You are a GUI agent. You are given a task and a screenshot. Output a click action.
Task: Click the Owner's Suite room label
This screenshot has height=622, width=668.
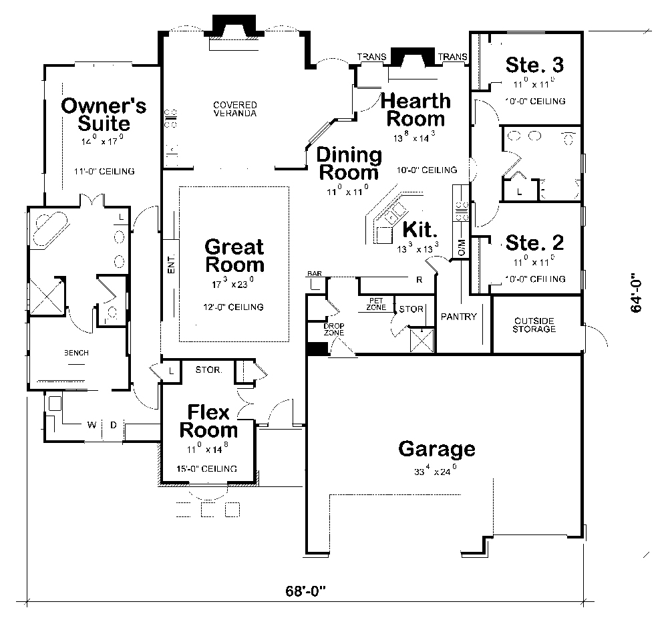(103, 114)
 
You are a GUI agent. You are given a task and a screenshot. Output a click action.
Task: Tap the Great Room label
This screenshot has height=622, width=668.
(234, 255)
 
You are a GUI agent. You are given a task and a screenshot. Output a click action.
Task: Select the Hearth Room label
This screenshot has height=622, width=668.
(415, 110)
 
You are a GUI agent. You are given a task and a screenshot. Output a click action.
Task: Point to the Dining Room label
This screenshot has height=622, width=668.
(349, 164)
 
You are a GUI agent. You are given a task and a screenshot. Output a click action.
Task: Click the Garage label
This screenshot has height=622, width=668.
(437, 449)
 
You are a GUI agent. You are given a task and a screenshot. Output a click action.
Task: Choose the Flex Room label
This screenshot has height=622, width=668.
(208, 421)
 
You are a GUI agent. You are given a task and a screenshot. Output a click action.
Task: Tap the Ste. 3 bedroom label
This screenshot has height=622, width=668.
(534, 65)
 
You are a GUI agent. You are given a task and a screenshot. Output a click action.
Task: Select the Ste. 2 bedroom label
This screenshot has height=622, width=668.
(534, 242)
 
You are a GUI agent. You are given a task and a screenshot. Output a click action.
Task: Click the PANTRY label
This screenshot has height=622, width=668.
(460, 317)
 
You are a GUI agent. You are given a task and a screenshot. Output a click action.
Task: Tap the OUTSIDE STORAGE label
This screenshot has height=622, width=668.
(534, 325)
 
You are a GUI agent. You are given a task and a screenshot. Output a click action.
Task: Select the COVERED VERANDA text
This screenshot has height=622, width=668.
(234, 109)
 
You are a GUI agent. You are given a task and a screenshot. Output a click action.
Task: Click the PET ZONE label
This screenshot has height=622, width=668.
(375, 305)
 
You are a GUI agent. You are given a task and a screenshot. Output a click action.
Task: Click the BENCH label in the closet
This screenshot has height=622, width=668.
(76, 353)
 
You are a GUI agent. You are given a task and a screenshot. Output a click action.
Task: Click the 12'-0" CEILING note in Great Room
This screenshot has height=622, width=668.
(234, 307)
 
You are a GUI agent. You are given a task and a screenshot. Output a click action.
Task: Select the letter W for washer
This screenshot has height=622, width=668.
(91, 424)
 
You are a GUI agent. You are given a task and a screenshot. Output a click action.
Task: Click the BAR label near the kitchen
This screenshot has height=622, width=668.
(314, 275)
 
